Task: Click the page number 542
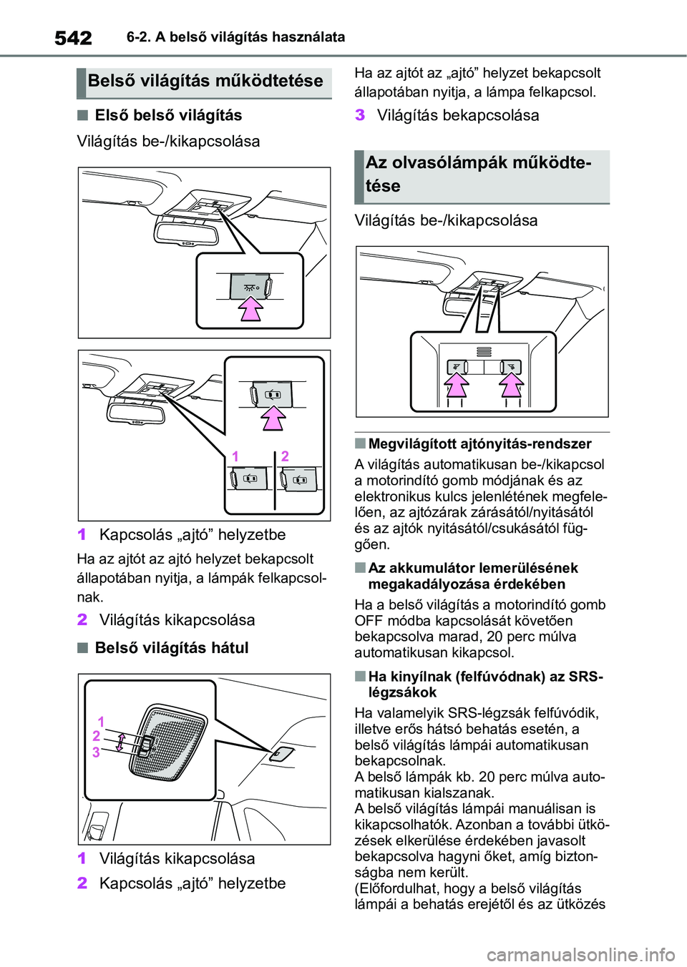click(73, 37)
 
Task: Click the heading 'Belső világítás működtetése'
click(205, 81)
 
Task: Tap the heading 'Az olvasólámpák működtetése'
click(478, 174)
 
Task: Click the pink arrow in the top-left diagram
click(250, 311)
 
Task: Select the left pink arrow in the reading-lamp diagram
click(456, 387)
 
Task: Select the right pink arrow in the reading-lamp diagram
click(510, 387)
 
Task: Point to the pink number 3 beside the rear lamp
click(96, 752)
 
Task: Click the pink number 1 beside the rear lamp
click(101, 722)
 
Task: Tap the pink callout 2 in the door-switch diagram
click(285, 456)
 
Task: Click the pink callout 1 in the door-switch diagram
click(235, 456)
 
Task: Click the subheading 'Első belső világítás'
click(168, 115)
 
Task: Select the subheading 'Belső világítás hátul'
click(172, 648)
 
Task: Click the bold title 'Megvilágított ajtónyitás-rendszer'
click(479, 443)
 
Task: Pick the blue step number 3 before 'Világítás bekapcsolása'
click(360, 115)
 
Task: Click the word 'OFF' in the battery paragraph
click(369, 621)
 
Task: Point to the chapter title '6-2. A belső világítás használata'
click(235, 36)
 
